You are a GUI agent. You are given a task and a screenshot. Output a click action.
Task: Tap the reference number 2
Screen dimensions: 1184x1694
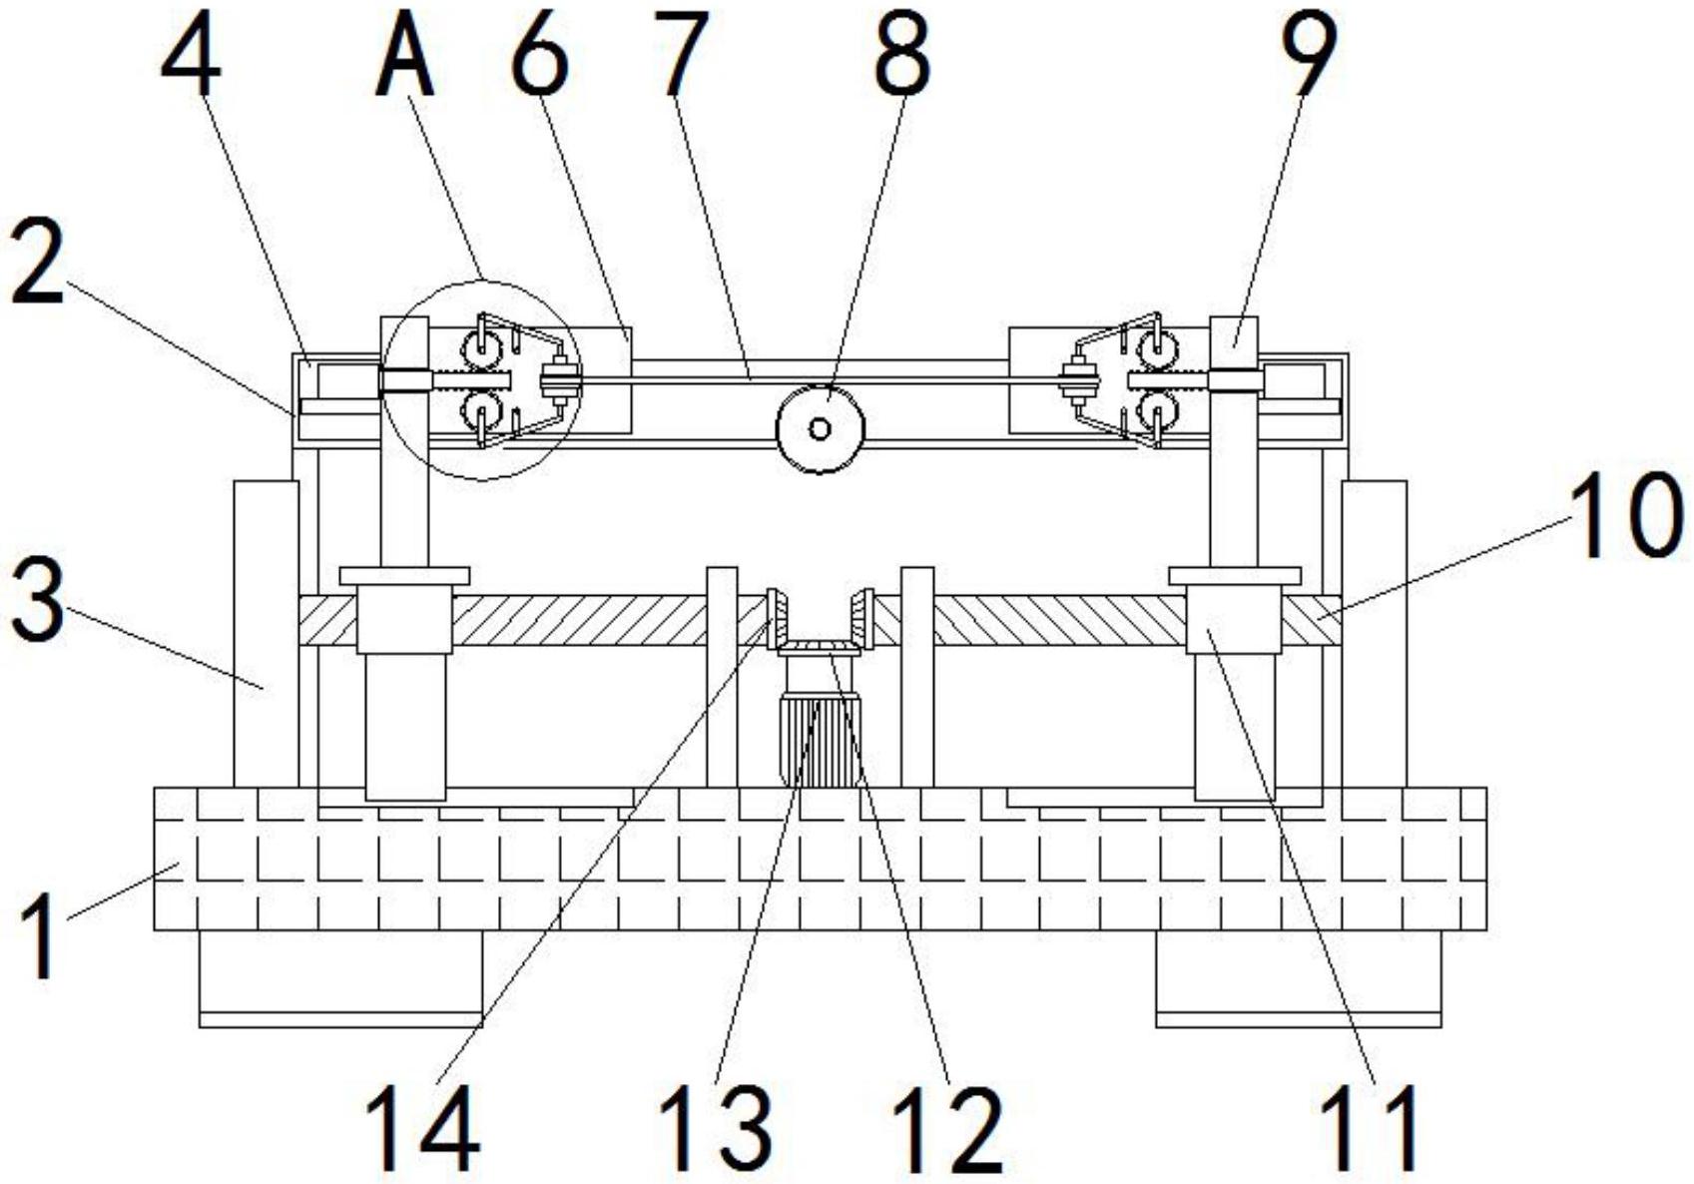[x=37, y=262]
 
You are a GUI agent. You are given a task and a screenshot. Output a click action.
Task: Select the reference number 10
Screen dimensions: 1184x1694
[x=1626, y=515]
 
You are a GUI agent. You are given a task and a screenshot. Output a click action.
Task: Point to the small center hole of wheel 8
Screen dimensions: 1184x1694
[x=820, y=428]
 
